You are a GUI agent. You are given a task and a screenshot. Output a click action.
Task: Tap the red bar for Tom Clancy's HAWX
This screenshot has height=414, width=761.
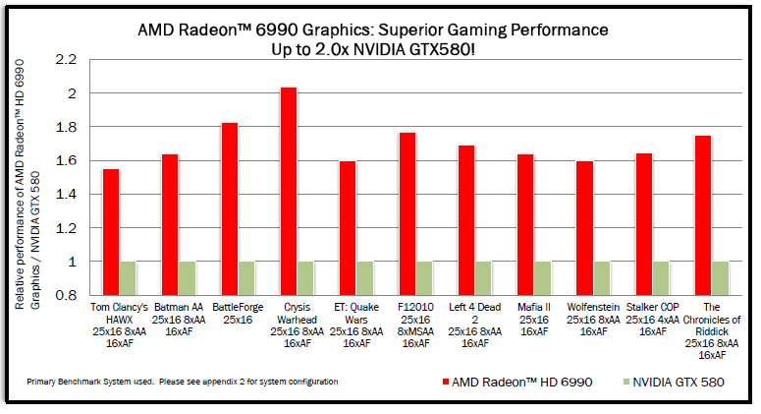pyautogui.click(x=111, y=232)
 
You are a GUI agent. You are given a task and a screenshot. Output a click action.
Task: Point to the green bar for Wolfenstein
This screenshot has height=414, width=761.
pyautogui.click(x=601, y=278)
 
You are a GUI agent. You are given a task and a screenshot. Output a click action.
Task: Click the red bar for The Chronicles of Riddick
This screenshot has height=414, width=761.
pyautogui.click(x=702, y=215)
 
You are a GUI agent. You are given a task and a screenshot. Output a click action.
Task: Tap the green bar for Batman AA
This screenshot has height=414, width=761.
pyautogui.click(x=187, y=278)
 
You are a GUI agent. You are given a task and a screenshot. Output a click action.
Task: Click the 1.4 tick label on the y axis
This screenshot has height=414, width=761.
pyautogui.click(x=65, y=195)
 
